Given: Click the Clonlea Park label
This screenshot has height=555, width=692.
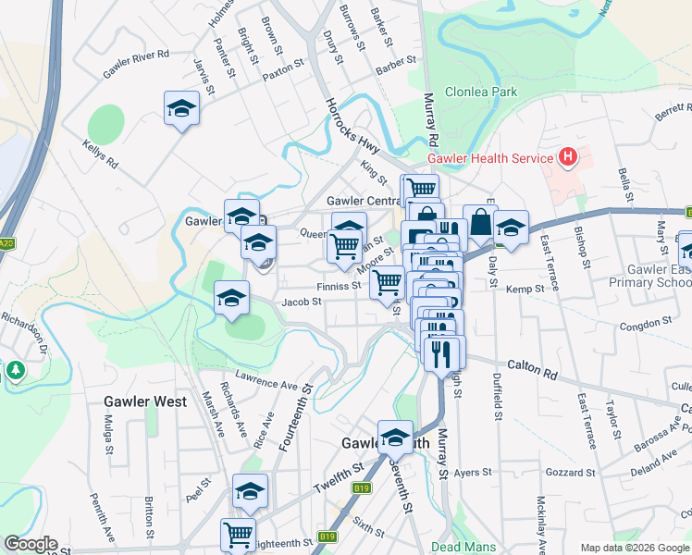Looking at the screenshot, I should pos(480,92).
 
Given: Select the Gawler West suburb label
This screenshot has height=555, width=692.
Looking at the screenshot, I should pos(145,401).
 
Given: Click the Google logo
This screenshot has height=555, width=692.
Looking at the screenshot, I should pos(31,544).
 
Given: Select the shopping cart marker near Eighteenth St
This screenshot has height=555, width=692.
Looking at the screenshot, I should pos(238,535).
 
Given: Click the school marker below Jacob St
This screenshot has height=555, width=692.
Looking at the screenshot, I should pos(231,299).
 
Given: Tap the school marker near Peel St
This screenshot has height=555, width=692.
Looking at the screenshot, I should pos(250,491).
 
